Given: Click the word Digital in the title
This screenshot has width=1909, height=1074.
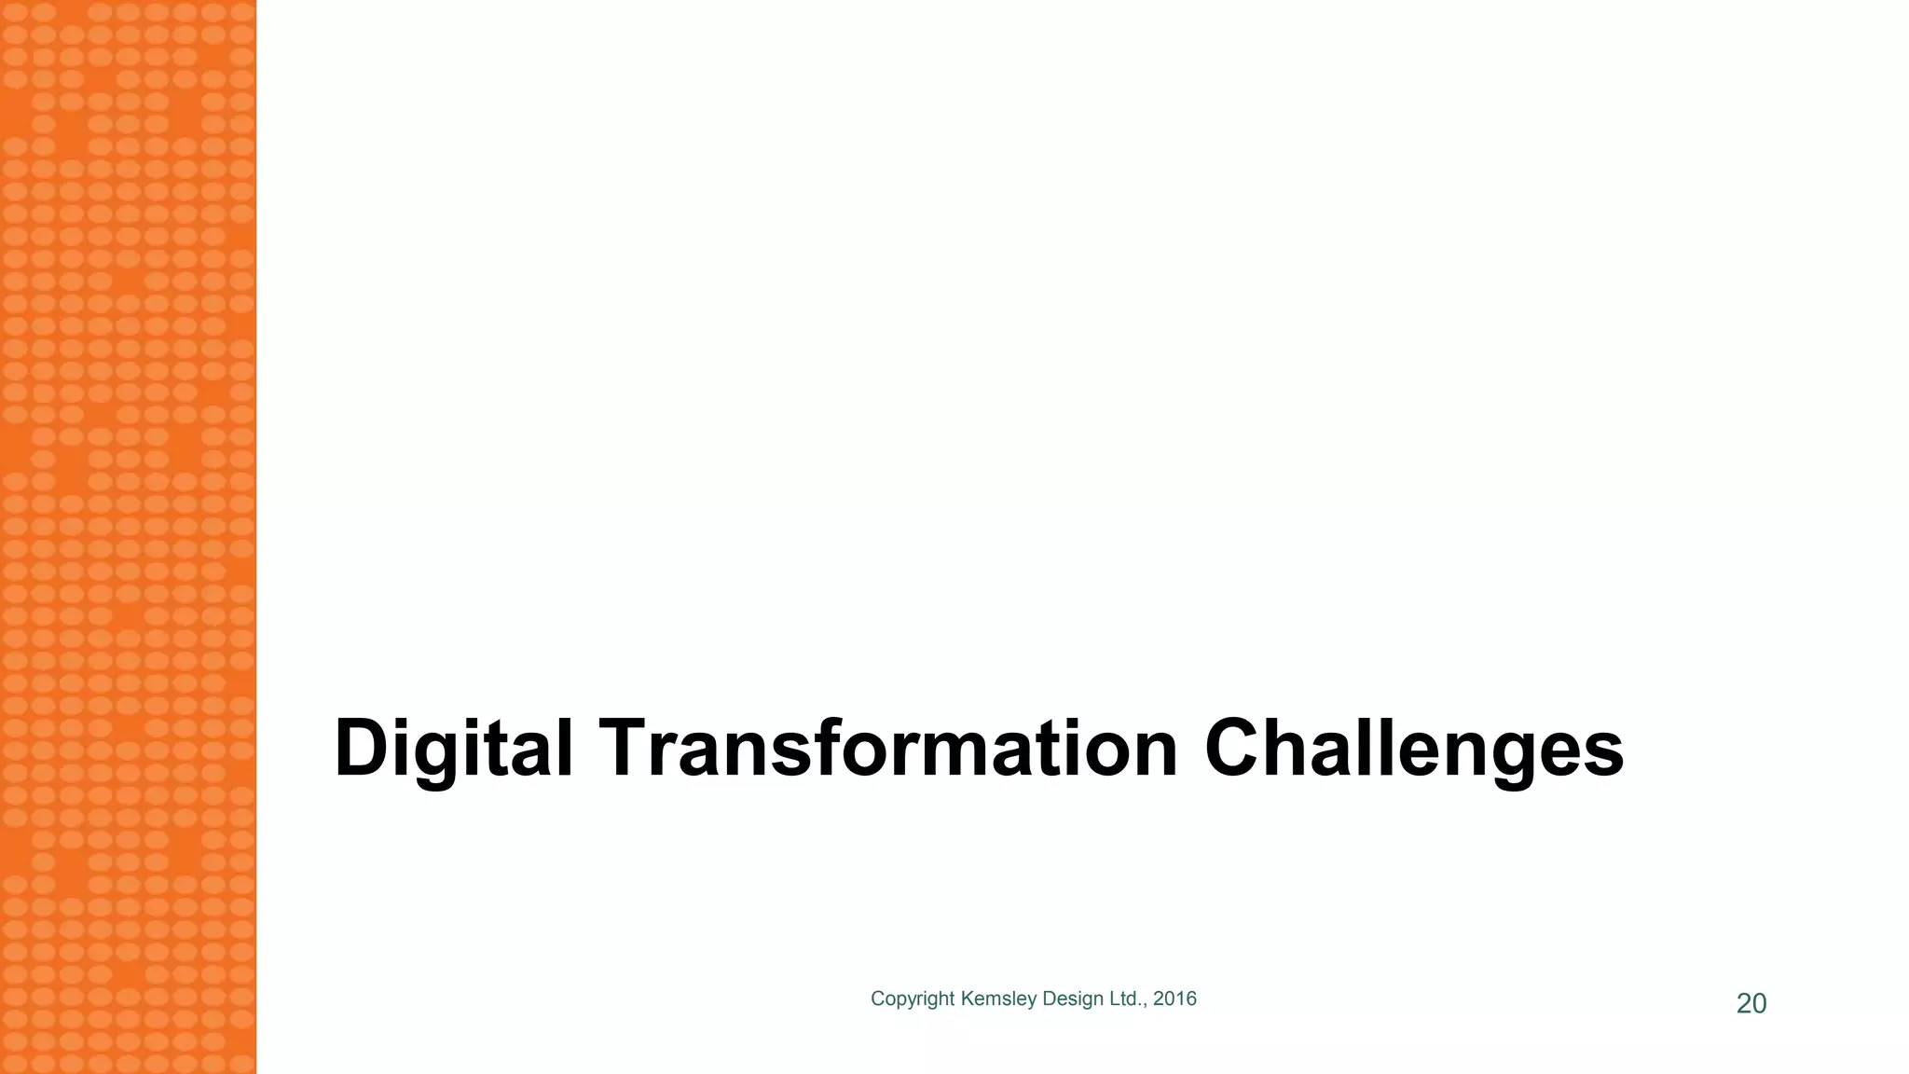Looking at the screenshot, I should click(x=453, y=749).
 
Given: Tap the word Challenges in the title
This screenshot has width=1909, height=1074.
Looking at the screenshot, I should click(x=1413, y=749).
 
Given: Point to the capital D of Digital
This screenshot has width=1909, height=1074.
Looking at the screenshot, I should click(x=362, y=748).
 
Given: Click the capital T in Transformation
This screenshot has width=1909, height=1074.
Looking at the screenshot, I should click(x=629, y=748).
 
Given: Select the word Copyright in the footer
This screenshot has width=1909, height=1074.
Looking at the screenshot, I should click(x=912, y=999).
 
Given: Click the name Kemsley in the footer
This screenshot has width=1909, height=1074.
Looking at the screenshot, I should click(x=998, y=999).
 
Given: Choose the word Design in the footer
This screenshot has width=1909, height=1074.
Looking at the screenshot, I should click(x=1073, y=999).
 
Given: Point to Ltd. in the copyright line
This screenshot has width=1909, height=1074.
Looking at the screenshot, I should click(x=1127, y=998).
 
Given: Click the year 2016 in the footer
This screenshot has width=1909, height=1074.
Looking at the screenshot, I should click(x=1174, y=998).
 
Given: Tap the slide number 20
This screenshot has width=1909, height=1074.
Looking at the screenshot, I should click(x=1751, y=1004).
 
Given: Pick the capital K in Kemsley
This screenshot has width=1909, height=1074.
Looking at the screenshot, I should click(x=967, y=998).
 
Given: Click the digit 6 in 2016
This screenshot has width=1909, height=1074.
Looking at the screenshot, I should click(x=1191, y=998).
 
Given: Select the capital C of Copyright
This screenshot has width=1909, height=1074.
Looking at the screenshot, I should click(x=877, y=998).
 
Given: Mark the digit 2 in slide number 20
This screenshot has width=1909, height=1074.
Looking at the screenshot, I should click(x=1743, y=1004).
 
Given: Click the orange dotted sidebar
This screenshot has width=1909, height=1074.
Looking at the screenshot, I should click(x=128, y=537).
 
